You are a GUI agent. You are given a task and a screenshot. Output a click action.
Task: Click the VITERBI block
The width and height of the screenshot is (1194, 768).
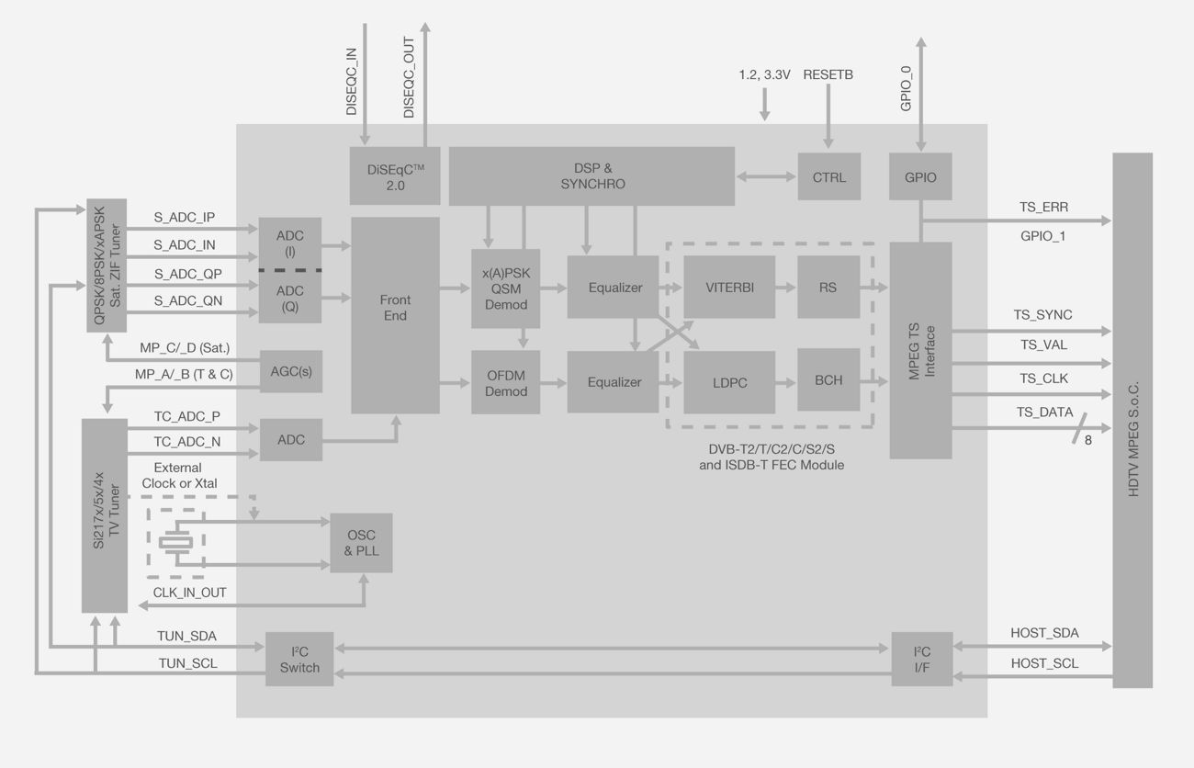pyautogui.click(x=729, y=287)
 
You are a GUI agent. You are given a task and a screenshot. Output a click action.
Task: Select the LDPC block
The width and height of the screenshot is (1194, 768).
pyautogui.click(x=729, y=382)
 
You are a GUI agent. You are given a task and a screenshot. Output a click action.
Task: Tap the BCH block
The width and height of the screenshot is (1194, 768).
pyautogui.click(x=828, y=379)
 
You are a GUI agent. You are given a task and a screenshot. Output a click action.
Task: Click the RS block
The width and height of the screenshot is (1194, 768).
pyautogui.click(x=828, y=287)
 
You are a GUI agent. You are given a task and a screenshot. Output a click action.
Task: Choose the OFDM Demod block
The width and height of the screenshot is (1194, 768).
pyautogui.click(x=505, y=382)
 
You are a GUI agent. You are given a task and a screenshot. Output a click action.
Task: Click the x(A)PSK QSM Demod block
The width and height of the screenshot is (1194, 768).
pyautogui.click(x=505, y=288)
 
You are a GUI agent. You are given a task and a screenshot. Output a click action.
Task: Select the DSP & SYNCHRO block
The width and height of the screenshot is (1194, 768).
pyautogui.click(x=591, y=175)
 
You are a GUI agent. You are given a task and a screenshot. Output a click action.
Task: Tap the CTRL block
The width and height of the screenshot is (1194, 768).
pyautogui.click(x=829, y=177)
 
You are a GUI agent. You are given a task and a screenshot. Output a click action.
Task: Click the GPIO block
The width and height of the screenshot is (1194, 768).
pyautogui.click(x=920, y=177)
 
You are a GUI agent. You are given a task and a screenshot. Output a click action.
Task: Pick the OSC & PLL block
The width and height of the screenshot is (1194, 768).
pyautogui.click(x=361, y=543)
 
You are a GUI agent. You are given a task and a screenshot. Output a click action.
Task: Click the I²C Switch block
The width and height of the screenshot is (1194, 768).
pyautogui.click(x=299, y=659)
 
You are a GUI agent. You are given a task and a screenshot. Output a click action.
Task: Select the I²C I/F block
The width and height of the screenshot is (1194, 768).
pyautogui.click(x=922, y=659)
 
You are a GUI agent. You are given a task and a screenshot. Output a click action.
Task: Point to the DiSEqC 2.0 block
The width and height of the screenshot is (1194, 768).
pyautogui.click(x=395, y=176)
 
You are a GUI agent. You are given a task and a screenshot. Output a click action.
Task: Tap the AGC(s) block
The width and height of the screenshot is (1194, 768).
pyautogui.click(x=291, y=371)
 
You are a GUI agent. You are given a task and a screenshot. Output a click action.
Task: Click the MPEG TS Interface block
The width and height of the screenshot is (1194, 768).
pyautogui.click(x=920, y=350)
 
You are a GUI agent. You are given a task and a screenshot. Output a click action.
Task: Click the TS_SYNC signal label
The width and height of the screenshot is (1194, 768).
pyautogui.click(x=1042, y=314)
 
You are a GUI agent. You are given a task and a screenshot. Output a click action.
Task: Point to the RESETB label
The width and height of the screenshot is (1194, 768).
pyautogui.click(x=828, y=74)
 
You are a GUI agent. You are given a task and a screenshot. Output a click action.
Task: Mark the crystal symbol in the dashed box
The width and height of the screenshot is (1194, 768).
pyautogui.click(x=176, y=542)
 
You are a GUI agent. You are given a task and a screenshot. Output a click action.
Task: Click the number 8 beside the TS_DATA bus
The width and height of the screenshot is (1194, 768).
pyautogui.click(x=1088, y=440)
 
